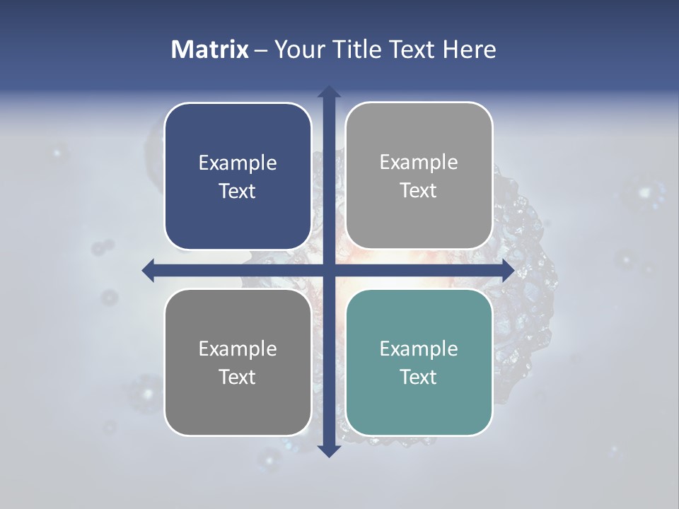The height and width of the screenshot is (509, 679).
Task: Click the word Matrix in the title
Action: tap(210, 49)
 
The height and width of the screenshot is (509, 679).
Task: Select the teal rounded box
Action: tap(419, 403)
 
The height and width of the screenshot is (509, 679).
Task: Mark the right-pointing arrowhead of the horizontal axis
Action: tap(508, 271)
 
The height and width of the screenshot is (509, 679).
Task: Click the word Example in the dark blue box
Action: tap(238, 163)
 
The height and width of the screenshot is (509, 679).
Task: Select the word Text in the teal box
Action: tap(419, 377)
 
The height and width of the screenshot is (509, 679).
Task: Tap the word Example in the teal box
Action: tap(419, 349)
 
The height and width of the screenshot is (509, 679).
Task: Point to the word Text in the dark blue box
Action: tap(238, 192)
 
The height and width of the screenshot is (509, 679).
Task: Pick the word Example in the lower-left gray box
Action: tap(238, 349)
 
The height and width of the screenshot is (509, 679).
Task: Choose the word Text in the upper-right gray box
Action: tap(419, 191)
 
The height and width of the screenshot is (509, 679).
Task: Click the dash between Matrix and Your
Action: tap(262, 50)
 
